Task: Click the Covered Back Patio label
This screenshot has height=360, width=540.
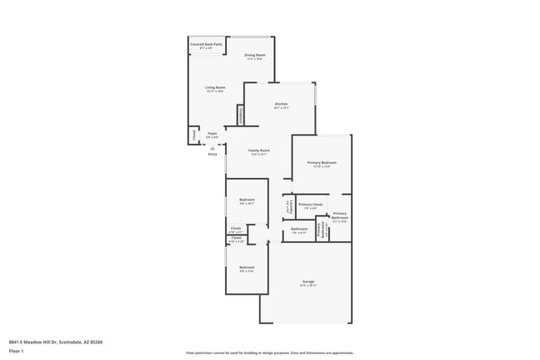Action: coord(206,44)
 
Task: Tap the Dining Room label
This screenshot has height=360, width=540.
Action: coord(254,55)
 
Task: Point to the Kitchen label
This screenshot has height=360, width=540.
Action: coord(280,104)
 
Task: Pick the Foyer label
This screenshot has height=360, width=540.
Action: coord(213,133)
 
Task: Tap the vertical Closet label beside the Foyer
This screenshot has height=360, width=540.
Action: coord(194,135)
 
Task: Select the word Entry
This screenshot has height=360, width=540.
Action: coord(213,154)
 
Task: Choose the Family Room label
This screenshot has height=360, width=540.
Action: coord(258,150)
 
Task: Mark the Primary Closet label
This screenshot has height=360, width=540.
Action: coord(311,205)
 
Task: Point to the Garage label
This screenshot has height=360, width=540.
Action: coord(308,283)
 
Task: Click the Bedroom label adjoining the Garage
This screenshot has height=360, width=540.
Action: coord(248,267)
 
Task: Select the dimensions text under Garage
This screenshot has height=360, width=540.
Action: coord(308,287)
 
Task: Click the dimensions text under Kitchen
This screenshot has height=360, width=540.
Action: coord(280,108)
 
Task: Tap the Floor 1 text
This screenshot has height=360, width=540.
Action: coord(17,351)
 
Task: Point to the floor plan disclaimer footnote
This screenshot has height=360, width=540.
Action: coord(269,353)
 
